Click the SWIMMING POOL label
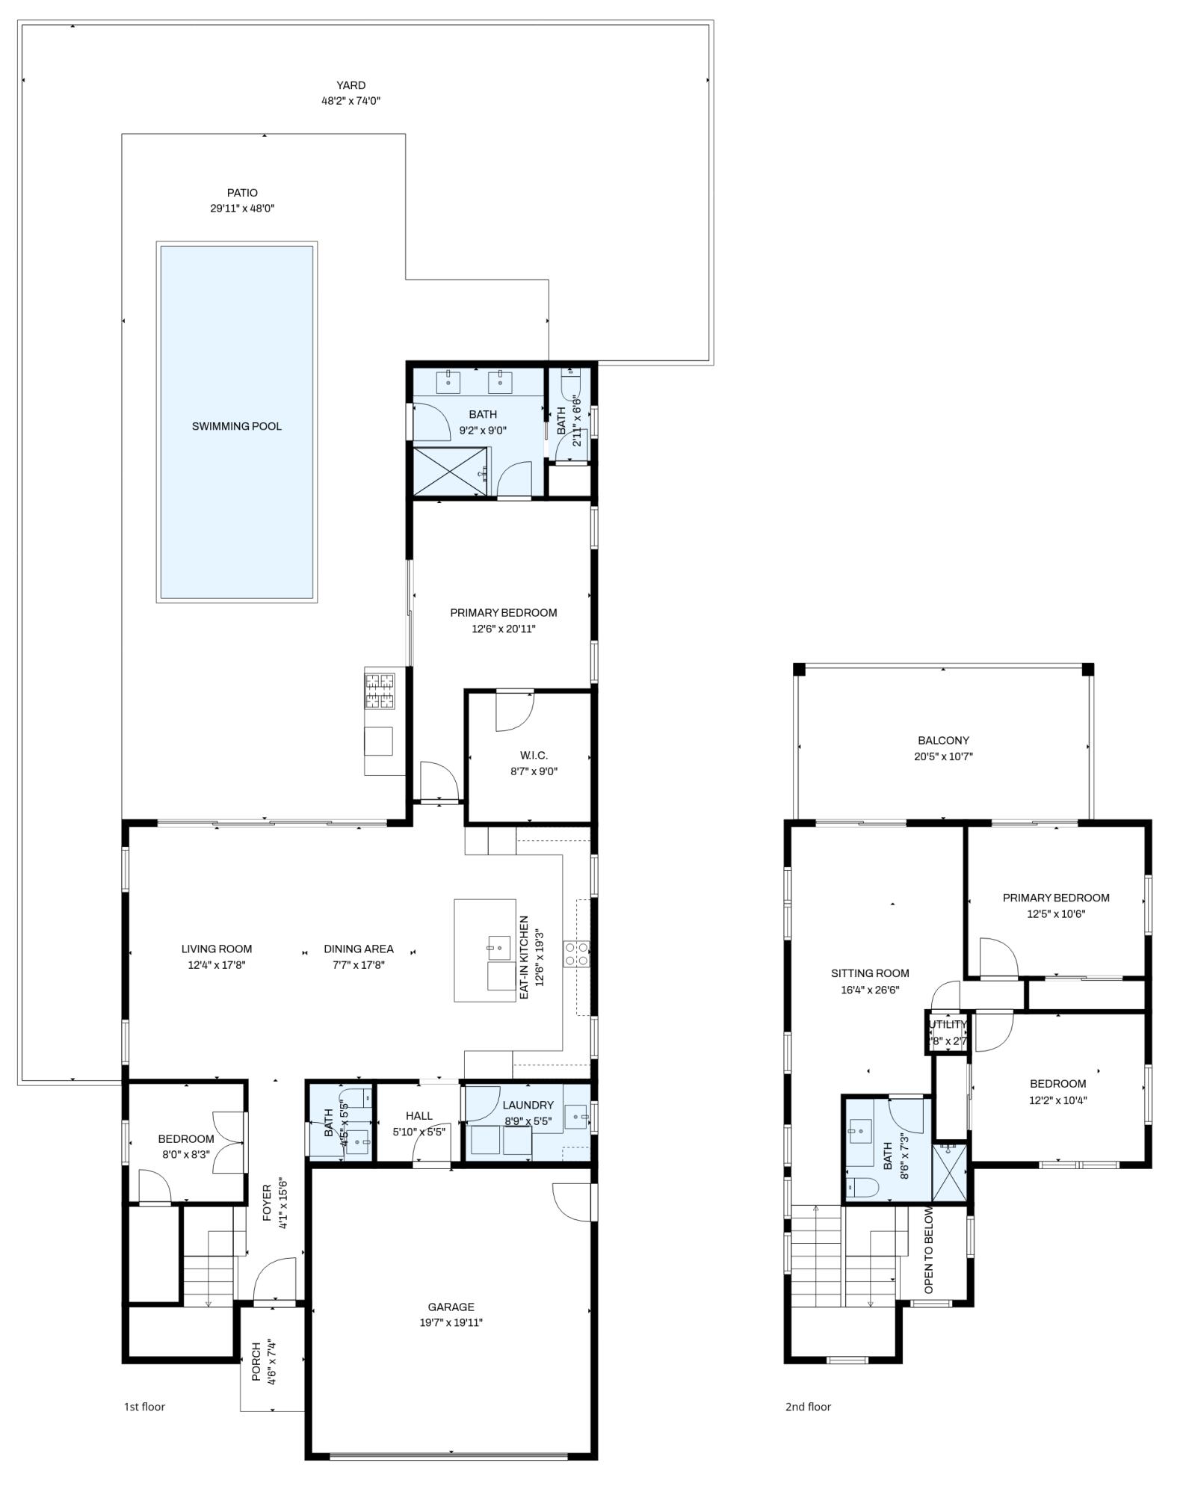(x=236, y=426)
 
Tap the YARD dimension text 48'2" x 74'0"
(x=350, y=100)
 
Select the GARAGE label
(x=451, y=1307)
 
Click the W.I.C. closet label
(x=534, y=756)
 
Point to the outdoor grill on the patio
(x=380, y=690)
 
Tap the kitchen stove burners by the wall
(x=577, y=953)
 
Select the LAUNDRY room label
(x=528, y=1105)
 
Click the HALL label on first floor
(x=419, y=1115)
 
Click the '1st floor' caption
(x=144, y=1407)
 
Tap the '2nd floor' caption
(x=808, y=1407)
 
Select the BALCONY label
(x=943, y=740)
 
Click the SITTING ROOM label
(x=870, y=973)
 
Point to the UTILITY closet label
(x=948, y=1024)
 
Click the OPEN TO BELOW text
(x=929, y=1250)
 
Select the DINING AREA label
(x=358, y=949)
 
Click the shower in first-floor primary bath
(x=448, y=471)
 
